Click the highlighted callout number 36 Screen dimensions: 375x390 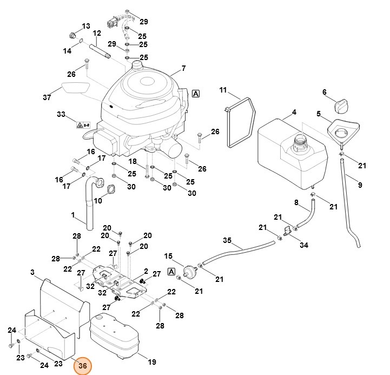82,366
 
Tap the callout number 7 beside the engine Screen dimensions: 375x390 183,68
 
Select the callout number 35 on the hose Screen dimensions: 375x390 227,240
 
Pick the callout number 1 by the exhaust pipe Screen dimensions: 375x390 73,215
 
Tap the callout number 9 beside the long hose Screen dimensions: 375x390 360,186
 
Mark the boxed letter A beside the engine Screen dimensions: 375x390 195,94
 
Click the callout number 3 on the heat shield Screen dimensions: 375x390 32,272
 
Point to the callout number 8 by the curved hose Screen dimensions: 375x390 296,202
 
